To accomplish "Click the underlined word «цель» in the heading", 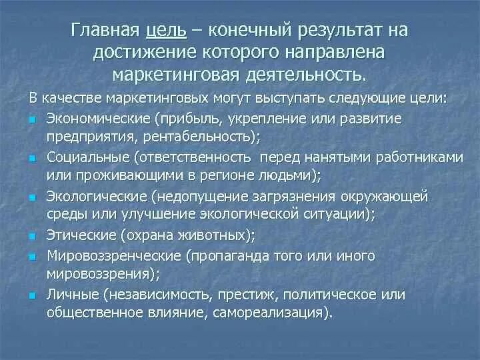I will [x=171, y=30].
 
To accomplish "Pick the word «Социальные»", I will [x=78, y=158].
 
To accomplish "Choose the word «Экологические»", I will [x=87, y=197].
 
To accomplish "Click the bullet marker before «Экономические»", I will [x=33, y=120].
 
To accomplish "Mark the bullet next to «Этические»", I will [x=33, y=237].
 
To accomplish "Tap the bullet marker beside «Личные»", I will [x=33, y=295].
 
